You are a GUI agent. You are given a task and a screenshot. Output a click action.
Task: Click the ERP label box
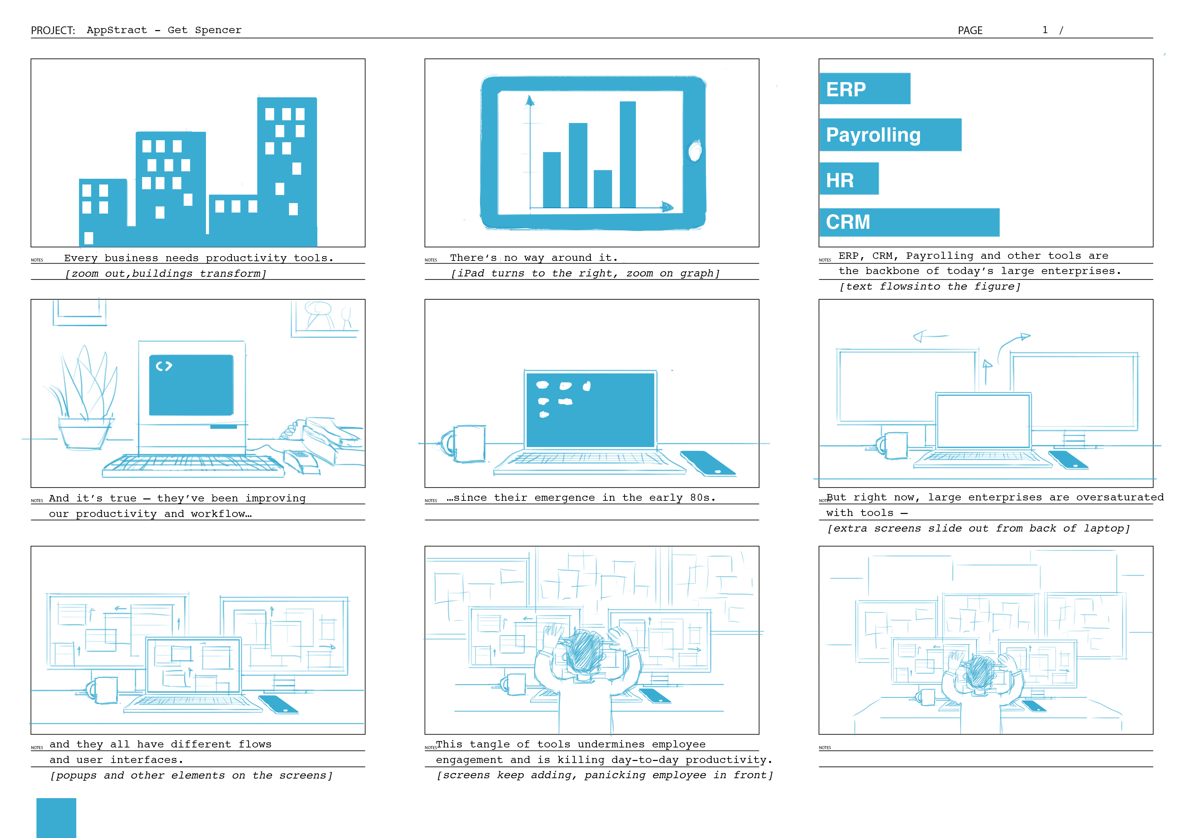pos(865,89)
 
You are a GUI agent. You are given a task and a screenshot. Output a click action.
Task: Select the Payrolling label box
pos(891,135)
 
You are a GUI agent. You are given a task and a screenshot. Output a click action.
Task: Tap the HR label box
pos(849,178)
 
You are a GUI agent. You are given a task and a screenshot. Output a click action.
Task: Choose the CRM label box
pos(909,222)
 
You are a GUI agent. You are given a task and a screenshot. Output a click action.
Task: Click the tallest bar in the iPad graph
pos(628,154)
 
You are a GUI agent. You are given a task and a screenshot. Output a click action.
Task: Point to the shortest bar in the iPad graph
pos(603,189)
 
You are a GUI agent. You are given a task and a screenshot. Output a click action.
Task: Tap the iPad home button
pos(695,151)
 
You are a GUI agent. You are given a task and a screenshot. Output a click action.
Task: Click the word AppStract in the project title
pos(117,30)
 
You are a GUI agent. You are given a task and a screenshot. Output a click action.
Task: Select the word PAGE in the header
pos(970,30)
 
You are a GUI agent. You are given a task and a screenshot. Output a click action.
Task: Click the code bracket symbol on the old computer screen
pos(164,366)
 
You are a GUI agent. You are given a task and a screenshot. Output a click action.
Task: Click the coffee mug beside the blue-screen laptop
pos(464,443)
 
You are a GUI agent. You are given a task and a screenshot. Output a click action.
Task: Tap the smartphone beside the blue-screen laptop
pos(708,463)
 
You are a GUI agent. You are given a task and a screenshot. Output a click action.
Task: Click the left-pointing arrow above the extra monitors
pos(931,337)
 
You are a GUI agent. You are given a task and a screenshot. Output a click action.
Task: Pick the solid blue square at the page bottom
pos(56,818)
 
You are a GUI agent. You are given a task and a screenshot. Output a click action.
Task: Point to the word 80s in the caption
pos(700,497)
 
